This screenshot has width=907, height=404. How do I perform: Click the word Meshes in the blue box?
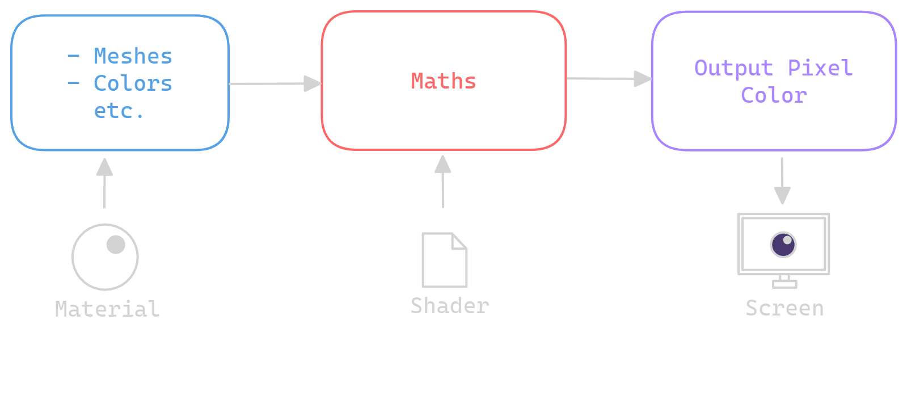[x=133, y=56]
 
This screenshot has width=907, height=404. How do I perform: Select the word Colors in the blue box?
[x=133, y=83]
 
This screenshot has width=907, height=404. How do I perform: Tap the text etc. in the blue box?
[x=119, y=111]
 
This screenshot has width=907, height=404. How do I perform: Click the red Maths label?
[x=444, y=81]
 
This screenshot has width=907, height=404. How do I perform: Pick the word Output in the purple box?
[x=733, y=68]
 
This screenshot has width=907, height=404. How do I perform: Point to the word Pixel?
[x=820, y=68]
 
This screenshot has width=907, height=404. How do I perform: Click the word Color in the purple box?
[x=774, y=95]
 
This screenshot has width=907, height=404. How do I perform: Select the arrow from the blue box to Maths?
[x=275, y=83]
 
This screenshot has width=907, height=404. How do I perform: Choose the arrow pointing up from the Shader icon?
[x=443, y=181]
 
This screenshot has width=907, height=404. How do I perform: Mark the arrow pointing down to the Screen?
[x=782, y=181]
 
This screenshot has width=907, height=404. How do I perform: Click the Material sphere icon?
[x=105, y=257]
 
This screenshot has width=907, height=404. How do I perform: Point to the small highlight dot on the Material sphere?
[x=116, y=245]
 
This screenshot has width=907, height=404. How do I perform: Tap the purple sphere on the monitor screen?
[x=783, y=245]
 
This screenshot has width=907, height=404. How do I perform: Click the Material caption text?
[x=107, y=309]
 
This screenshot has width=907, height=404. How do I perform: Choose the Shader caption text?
[x=450, y=306]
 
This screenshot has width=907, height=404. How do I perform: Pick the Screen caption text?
[x=784, y=308]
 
